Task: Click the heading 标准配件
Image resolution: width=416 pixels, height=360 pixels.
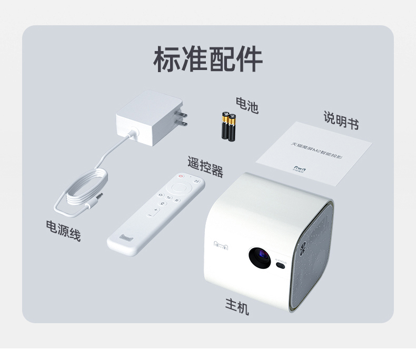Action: pos(207,59)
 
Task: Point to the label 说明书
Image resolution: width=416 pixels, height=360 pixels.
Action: pos(341,121)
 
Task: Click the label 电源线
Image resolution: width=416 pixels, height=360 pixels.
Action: pos(64,230)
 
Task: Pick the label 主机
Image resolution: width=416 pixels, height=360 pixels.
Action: pos(237,306)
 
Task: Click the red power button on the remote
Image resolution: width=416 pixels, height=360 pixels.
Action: pos(181,176)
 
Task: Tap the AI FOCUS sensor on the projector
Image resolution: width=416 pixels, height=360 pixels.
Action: pos(280,263)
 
